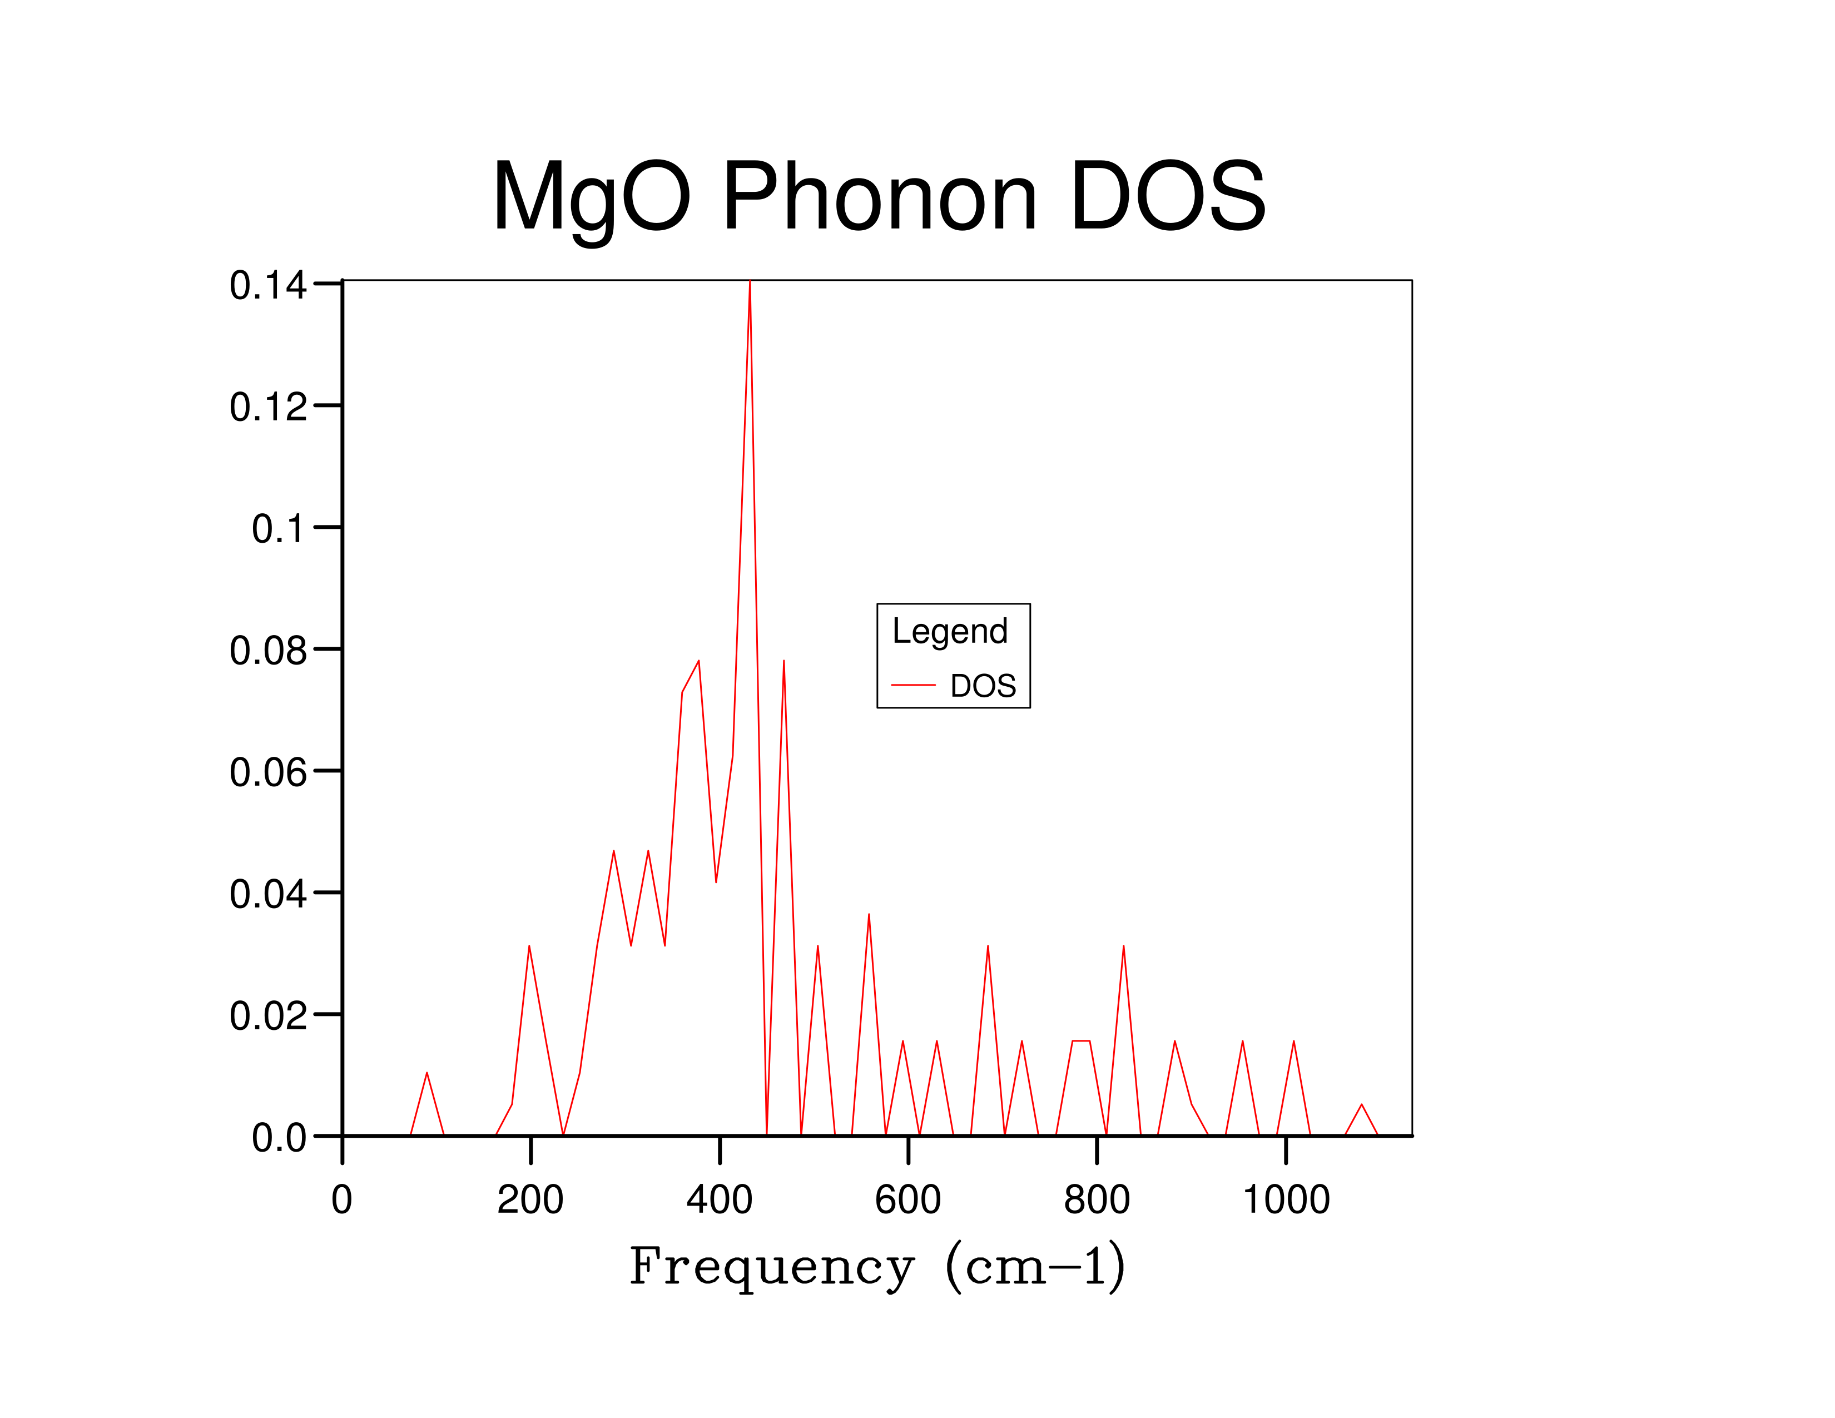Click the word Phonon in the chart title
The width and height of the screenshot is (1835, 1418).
click(880, 197)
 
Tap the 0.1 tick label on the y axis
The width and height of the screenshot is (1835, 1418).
click(278, 529)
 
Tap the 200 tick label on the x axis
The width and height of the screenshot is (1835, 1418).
click(530, 1199)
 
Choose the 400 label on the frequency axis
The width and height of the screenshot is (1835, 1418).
click(719, 1199)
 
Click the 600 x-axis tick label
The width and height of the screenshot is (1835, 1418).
click(907, 1199)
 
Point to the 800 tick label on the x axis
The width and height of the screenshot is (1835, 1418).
click(1097, 1199)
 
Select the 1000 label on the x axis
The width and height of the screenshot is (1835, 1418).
click(1286, 1199)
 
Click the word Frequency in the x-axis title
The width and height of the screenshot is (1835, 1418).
click(771, 1267)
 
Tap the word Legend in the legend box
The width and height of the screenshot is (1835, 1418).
click(949, 632)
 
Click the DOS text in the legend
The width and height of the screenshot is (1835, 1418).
click(983, 686)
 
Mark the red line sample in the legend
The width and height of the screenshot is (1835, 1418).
click(913, 686)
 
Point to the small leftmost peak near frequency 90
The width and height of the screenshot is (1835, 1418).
click(427, 1074)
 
